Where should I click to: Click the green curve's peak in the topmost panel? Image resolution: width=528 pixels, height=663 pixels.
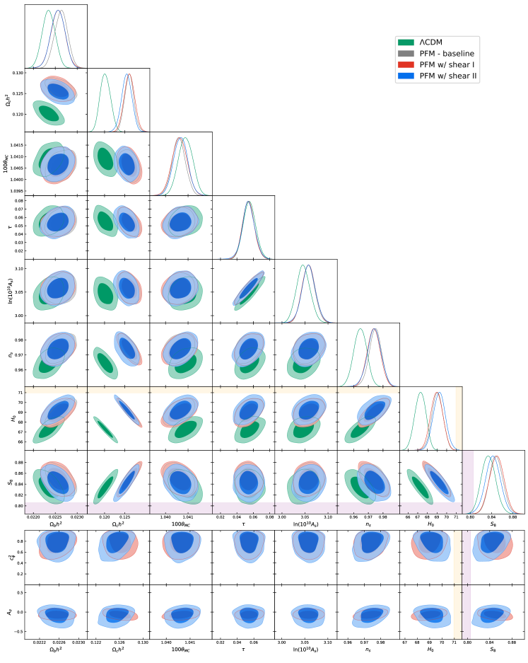tap(48, 10)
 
